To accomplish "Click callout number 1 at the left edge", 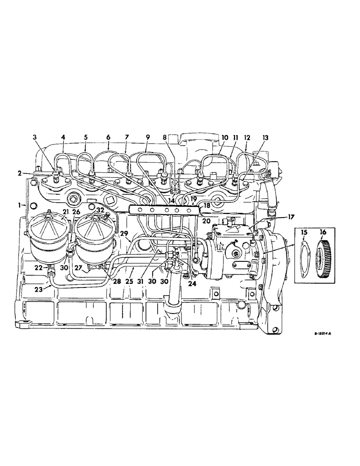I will pos(20,205).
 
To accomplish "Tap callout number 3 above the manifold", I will pos(35,137).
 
